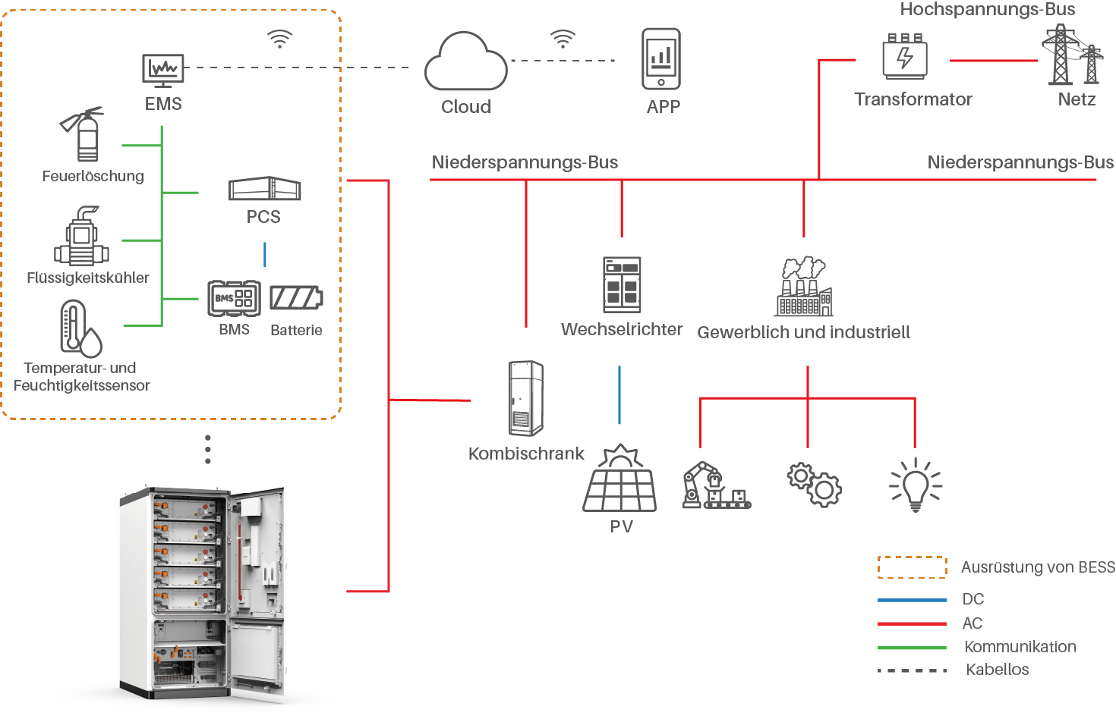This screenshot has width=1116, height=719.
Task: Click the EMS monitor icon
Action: point(163,71)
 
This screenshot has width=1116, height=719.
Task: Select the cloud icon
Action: point(465,62)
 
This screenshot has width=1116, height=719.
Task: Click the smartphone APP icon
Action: point(661,59)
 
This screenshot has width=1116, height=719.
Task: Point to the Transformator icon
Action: point(904,57)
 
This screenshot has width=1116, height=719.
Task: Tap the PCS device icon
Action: point(265,189)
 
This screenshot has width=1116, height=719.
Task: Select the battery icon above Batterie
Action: point(296,298)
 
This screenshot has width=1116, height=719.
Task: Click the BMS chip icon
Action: point(234,298)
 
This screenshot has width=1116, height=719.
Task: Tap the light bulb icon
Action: point(915,484)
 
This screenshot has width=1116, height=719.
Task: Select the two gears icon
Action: point(814,484)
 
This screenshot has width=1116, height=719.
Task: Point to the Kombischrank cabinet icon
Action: point(525,398)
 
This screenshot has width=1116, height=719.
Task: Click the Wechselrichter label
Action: point(622,330)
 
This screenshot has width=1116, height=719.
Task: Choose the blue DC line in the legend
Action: point(912,600)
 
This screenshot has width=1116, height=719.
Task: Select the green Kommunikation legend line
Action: point(912,648)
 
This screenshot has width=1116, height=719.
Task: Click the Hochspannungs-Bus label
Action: point(987,9)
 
